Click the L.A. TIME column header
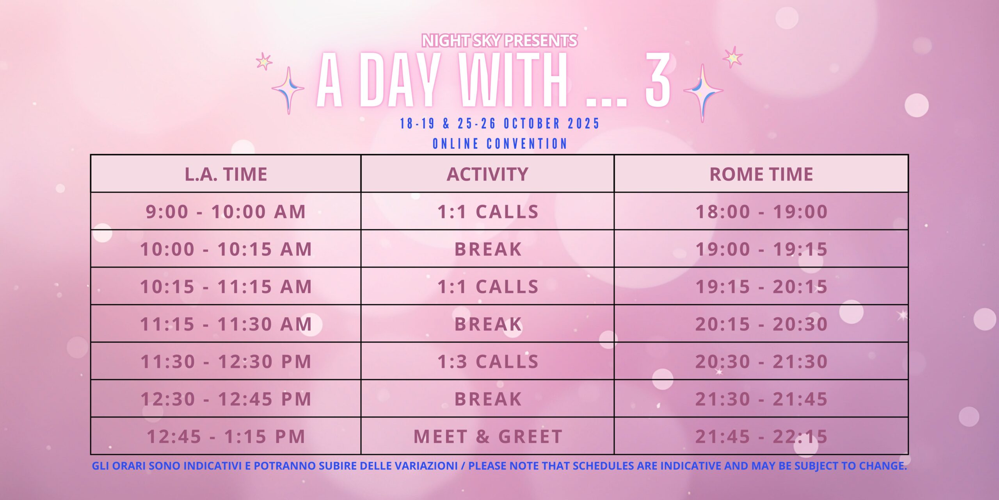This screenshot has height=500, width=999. [226, 174]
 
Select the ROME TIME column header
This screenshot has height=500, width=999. [761, 174]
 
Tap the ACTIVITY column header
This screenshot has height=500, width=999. [487, 174]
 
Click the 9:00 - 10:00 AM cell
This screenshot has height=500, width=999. [226, 212]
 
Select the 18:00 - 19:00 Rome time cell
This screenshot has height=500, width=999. [761, 212]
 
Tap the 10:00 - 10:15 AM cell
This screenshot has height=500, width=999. [226, 249]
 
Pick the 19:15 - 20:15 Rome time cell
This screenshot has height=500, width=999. [761, 287]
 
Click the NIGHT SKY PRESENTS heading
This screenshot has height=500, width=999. [499, 41]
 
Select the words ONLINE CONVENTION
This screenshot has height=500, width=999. [499, 144]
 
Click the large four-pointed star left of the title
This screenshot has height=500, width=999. [288, 90]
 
